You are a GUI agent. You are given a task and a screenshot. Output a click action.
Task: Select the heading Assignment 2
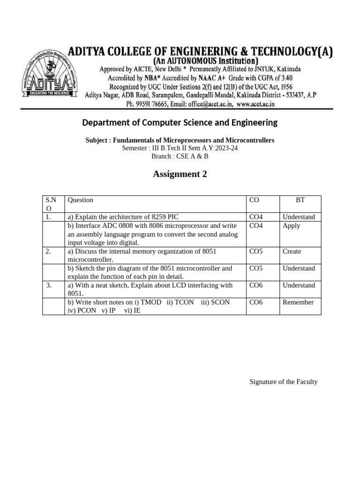coord(180,174)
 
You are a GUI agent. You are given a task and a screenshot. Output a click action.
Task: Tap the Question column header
coord(81,200)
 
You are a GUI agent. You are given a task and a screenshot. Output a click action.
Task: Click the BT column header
coord(300,200)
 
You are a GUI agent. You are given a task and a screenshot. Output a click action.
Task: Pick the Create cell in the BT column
coord(292,252)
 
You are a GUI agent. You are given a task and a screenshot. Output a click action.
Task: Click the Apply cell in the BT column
coord(292,226)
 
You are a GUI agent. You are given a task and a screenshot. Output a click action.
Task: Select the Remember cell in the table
coord(298,302)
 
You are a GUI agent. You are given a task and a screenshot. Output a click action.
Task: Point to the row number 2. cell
coord(49,252)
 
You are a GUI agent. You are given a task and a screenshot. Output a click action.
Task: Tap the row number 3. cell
coord(49,285)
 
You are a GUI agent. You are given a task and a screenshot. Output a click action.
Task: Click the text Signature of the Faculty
coord(284,382)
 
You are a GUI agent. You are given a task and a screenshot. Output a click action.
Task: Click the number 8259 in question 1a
coord(157,217)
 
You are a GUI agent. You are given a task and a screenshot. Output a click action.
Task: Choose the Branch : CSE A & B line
coord(180,157)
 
